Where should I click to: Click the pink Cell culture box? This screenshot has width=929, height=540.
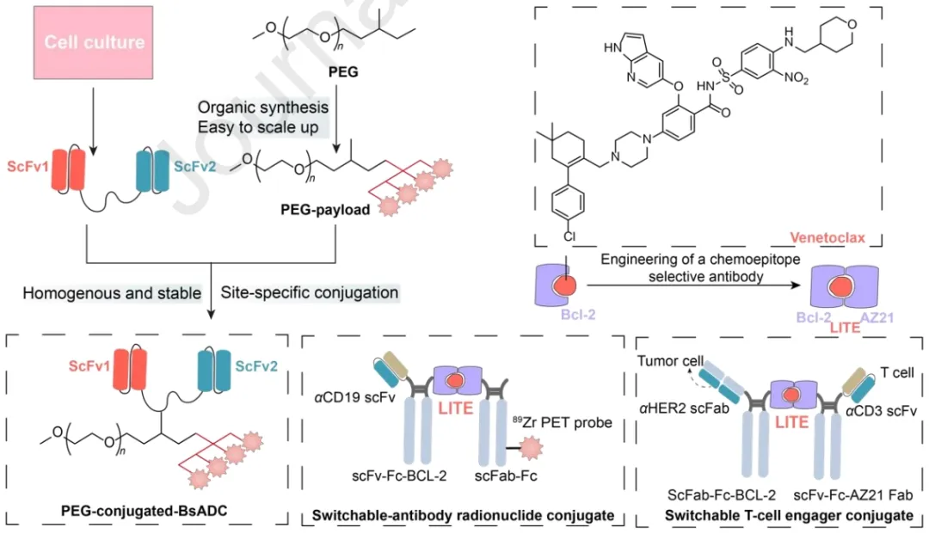tap(95, 42)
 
